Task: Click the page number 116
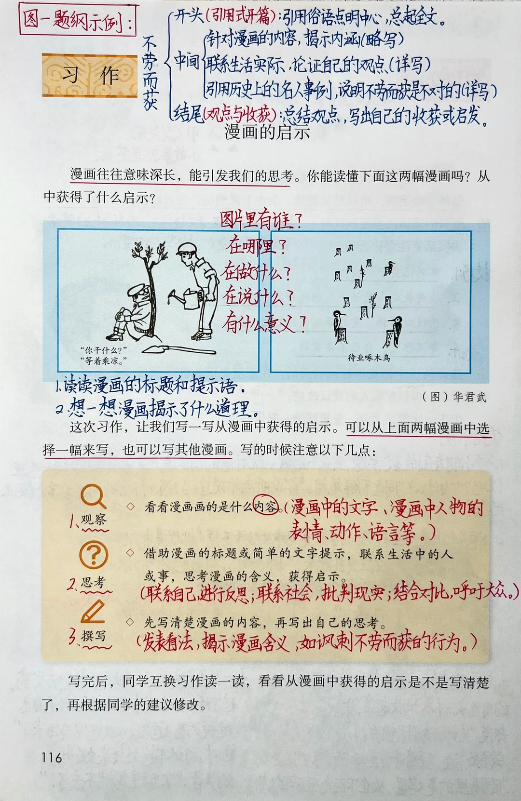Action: click(x=52, y=757)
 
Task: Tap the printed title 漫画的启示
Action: click(x=267, y=133)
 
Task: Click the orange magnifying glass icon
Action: click(x=93, y=496)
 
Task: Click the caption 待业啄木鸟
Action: click(x=369, y=357)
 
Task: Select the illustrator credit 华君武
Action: click(x=469, y=397)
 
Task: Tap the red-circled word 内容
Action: click(x=265, y=506)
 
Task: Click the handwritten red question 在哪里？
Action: click(x=256, y=246)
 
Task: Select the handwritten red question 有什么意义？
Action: click(x=264, y=324)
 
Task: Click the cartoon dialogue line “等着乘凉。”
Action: click(x=104, y=360)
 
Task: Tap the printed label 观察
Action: click(x=94, y=519)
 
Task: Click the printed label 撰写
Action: click(x=94, y=635)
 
